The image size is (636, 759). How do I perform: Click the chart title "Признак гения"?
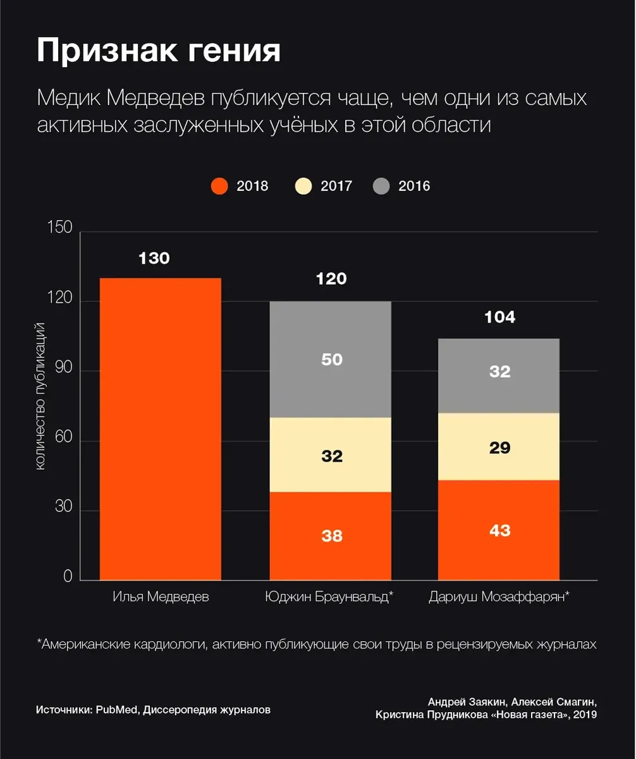pyautogui.click(x=158, y=51)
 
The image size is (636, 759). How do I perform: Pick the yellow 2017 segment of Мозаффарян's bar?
pyautogui.click(x=499, y=447)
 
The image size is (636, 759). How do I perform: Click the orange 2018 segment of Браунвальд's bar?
pyautogui.click(x=330, y=536)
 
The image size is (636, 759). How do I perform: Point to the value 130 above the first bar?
pyautogui.click(x=154, y=259)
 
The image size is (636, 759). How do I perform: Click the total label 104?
pyautogui.click(x=499, y=318)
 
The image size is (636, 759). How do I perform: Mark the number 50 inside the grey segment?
pyautogui.click(x=331, y=359)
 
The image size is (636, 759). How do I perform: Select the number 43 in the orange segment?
pyautogui.click(x=499, y=530)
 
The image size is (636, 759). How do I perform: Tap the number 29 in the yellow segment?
pyautogui.click(x=499, y=448)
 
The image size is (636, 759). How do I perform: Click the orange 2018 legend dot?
pyautogui.click(x=219, y=186)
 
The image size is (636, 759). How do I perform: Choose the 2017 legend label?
pyautogui.click(x=336, y=186)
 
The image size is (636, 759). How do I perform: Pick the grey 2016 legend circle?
pyautogui.click(x=381, y=186)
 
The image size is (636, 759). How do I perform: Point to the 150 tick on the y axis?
pyautogui.click(x=60, y=228)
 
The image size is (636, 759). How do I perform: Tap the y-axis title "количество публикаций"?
pyautogui.click(x=39, y=396)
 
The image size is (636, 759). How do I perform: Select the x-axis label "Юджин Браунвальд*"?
pyautogui.click(x=329, y=596)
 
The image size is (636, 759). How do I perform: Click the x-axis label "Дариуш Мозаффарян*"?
pyautogui.click(x=499, y=596)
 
